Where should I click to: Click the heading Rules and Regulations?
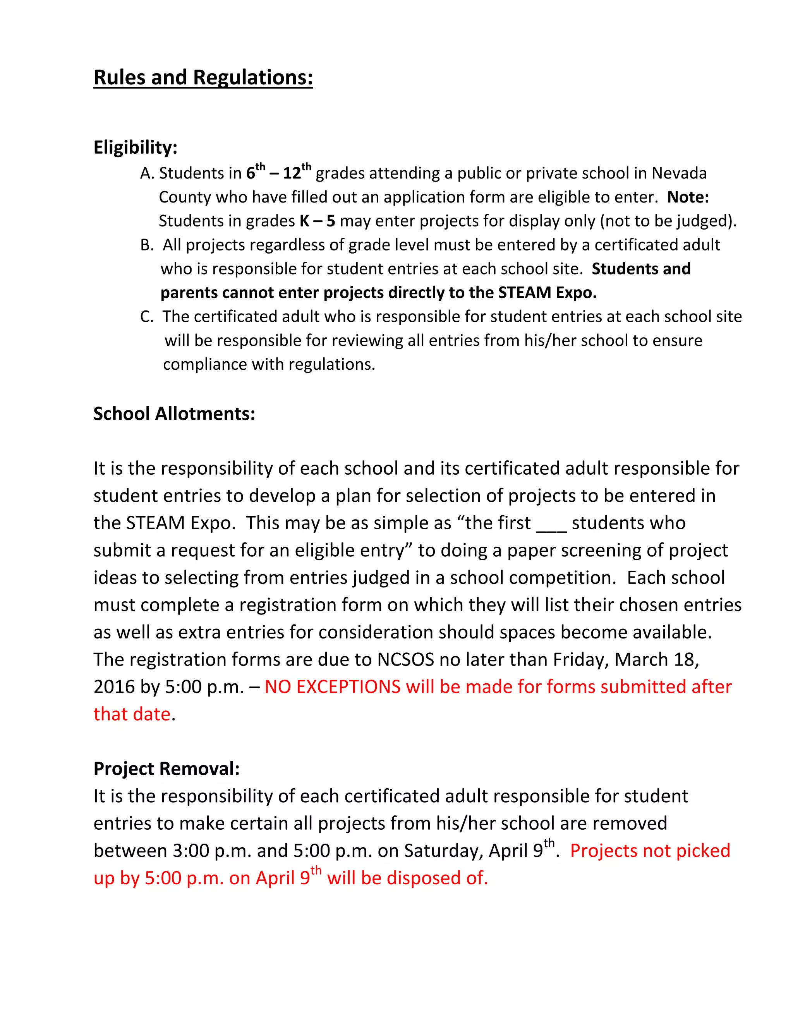coord(203,78)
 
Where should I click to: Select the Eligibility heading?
coord(135,148)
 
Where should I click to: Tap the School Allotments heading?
coord(174,414)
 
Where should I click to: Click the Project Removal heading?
coord(166,769)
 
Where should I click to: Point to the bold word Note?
coord(688,197)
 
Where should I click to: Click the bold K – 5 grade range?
coord(318,221)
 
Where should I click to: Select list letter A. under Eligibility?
coord(147,174)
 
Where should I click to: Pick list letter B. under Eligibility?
coord(147,245)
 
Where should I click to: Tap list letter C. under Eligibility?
coord(147,317)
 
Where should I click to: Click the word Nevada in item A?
coord(679,174)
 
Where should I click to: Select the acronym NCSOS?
coord(405,660)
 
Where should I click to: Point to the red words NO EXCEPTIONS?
coord(332,687)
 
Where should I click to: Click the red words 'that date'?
coord(132,715)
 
